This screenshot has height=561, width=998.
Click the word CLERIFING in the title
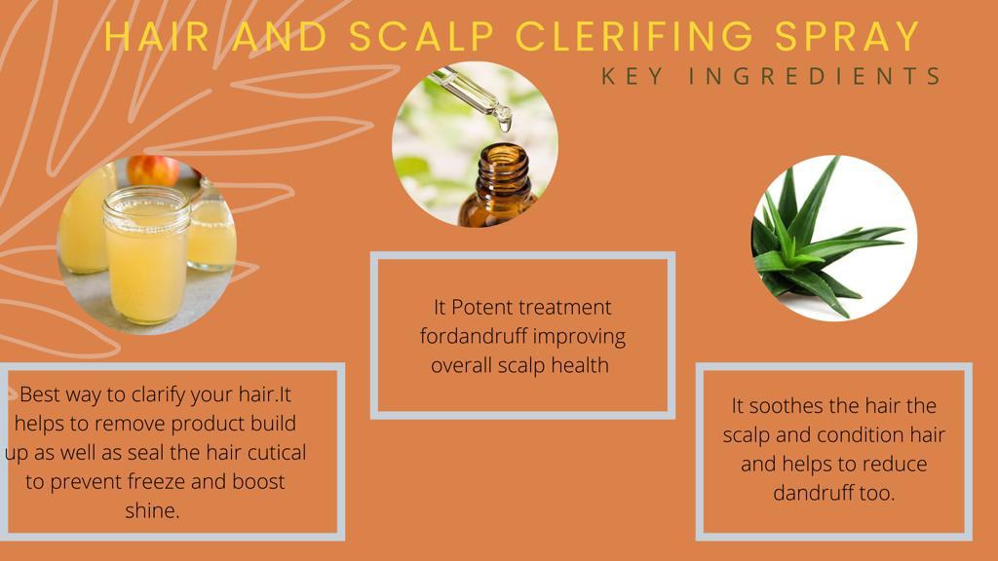click(x=633, y=36)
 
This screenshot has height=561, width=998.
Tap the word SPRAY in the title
click(x=848, y=36)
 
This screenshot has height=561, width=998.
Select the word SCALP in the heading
click(x=421, y=36)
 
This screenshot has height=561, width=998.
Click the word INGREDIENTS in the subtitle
click(x=815, y=76)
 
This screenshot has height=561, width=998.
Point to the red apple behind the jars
click(x=153, y=170)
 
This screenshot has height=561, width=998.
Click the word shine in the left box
click(x=150, y=510)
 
